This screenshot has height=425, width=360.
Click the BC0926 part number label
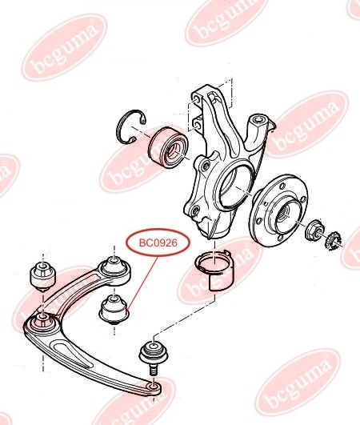tap(158, 243)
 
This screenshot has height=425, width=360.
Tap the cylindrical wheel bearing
tap(168, 147)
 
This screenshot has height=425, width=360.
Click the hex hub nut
tap(314, 231)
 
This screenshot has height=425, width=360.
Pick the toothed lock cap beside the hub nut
tap(333, 240)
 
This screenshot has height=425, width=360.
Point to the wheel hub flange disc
tap(278, 210)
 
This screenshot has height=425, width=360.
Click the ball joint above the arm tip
tap(154, 353)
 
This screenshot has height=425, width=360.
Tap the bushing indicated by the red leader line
tap(114, 309)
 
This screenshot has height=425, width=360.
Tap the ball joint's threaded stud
tap(154, 370)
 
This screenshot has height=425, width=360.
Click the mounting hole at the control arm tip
tap(154, 386)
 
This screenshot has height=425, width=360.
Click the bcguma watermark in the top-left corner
tap(65, 47)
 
